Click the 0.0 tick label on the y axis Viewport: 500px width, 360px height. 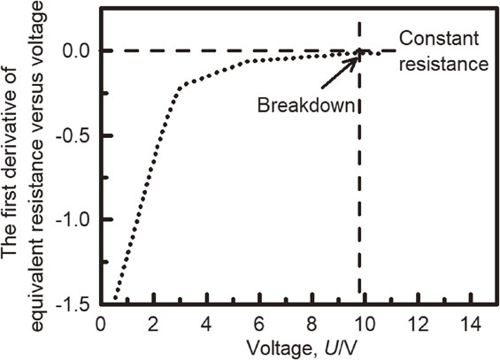(x=77, y=50)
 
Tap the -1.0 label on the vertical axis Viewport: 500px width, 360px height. (x=73, y=220)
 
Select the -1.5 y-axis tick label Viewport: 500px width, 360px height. (x=73, y=304)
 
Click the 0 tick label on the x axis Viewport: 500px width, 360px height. (x=101, y=326)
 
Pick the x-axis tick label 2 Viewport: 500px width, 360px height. (x=154, y=326)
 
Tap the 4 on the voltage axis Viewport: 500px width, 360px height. (x=206, y=326)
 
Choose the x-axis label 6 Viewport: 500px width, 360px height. (x=259, y=326)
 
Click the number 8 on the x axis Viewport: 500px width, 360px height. (x=312, y=326)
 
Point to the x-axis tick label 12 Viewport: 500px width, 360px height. (x=418, y=326)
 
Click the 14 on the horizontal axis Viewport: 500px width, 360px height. (x=470, y=326)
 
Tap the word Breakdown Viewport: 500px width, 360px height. (x=306, y=104)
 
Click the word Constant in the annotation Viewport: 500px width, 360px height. (x=439, y=39)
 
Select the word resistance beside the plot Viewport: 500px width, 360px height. (x=444, y=65)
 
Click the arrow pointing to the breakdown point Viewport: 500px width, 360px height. (x=340, y=72)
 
